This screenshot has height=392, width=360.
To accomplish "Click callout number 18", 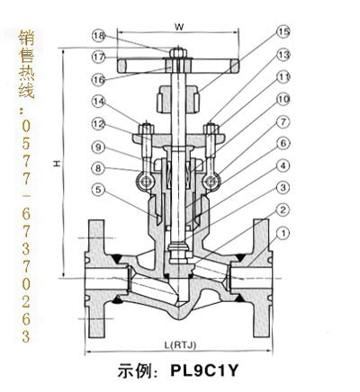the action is [99, 36].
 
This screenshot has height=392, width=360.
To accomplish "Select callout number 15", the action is [283, 31].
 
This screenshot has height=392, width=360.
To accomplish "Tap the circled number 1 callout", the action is [283, 233].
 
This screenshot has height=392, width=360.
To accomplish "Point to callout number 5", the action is [99, 190].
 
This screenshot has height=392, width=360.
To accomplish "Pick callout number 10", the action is [283, 99].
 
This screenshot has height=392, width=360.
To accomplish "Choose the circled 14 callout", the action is [99, 102].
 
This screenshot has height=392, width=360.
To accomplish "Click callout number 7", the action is [283, 121].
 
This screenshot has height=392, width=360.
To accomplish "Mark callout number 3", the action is [283, 188].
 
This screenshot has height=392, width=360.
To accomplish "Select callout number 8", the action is [99, 168].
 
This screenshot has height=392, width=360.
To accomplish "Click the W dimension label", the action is [179, 27].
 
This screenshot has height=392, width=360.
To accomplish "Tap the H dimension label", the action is [57, 164].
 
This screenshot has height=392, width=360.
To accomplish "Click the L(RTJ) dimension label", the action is [180, 345].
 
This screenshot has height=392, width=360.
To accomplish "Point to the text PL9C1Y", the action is [204, 370].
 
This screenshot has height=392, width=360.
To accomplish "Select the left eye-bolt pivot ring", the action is [146, 181].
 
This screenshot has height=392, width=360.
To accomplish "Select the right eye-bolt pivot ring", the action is [211, 181].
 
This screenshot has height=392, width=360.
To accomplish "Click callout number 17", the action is [99, 57].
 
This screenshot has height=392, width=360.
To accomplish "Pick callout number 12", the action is [99, 124].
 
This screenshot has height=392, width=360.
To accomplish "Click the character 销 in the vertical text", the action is [26, 38].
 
